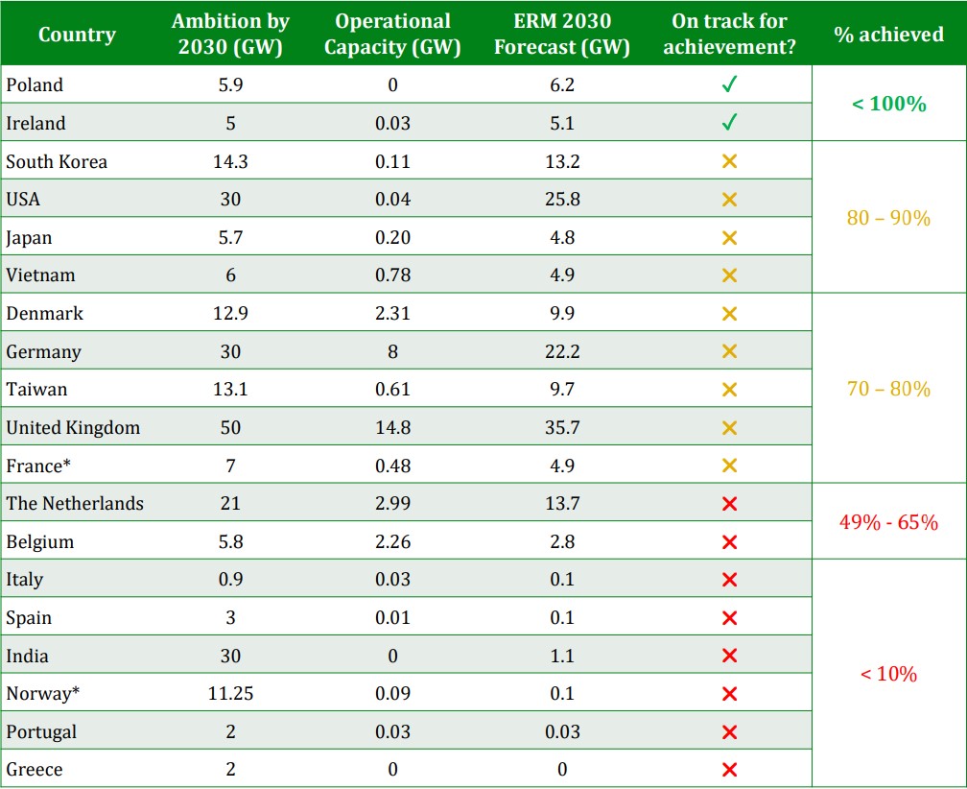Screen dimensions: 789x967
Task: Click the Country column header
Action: click(77, 35)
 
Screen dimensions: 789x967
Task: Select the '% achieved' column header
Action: click(888, 35)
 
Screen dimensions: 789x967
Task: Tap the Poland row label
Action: click(35, 85)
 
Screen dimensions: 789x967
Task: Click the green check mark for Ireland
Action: click(729, 123)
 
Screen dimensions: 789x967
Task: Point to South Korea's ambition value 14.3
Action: click(230, 161)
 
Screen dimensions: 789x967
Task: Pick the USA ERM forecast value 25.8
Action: click(562, 200)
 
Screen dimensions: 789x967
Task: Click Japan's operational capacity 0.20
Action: click(393, 238)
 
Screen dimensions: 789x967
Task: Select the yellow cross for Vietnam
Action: click(729, 275)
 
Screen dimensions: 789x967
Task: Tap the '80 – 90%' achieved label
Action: click(888, 218)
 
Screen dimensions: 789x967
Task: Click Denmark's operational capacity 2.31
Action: click(393, 314)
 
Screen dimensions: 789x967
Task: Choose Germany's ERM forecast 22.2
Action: click(562, 351)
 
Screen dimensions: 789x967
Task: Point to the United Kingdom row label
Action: click(73, 428)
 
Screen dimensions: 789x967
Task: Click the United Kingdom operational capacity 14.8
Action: click(393, 428)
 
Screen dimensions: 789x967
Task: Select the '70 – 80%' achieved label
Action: click(888, 389)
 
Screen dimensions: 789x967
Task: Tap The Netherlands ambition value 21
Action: click(230, 504)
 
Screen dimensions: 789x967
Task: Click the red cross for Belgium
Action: click(729, 542)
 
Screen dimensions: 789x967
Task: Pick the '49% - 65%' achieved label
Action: click(888, 523)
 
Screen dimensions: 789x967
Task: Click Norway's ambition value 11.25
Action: click(230, 694)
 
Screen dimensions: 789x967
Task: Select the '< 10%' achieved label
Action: click(888, 674)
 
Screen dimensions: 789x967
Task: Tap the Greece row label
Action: click(35, 770)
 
